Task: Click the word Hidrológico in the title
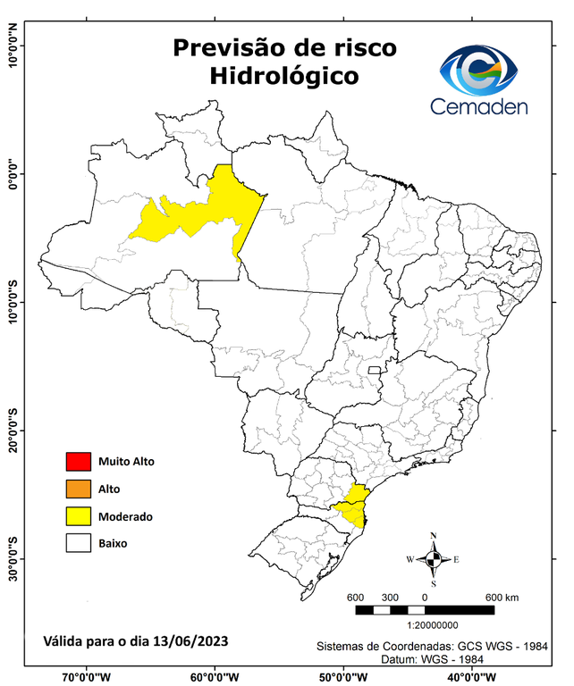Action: click(284, 77)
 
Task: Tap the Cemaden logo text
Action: click(479, 106)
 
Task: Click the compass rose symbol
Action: click(433, 560)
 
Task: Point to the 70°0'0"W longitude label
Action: click(87, 676)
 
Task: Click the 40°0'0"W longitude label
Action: click(470, 676)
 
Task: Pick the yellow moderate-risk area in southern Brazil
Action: click(353, 506)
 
